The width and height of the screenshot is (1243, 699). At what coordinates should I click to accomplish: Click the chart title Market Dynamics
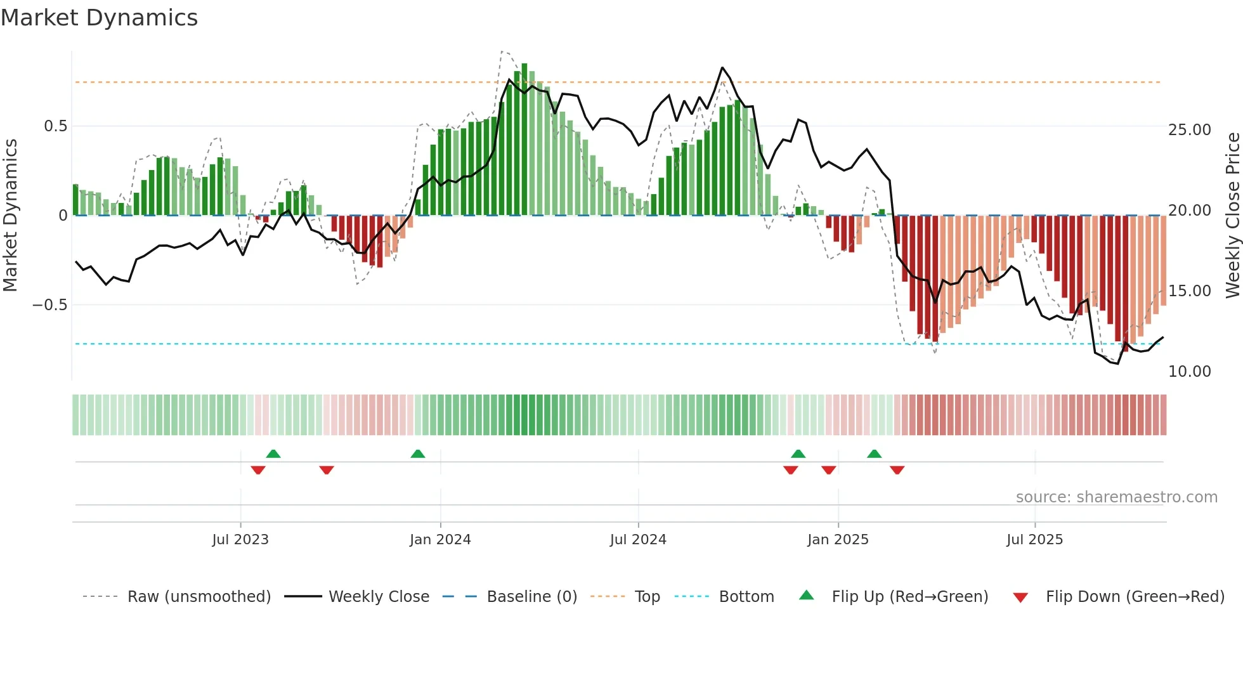point(99,18)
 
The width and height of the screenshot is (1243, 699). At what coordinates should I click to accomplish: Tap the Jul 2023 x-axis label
point(240,540)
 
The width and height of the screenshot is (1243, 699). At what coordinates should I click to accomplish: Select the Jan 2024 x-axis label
point(440,540)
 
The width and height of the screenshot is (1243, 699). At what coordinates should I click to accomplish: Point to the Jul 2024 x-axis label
point(638,540)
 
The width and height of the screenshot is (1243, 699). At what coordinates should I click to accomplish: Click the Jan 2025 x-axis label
point(838,540)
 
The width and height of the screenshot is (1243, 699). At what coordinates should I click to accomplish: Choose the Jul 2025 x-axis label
point(1034,540)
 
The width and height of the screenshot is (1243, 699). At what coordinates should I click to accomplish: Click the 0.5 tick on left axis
point(55,126)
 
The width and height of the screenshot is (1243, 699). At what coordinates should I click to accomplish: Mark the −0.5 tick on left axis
point(50,305)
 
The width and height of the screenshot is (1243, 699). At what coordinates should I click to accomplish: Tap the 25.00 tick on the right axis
point(1190,130)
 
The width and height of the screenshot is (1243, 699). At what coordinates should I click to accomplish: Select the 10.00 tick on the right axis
point(1190,372)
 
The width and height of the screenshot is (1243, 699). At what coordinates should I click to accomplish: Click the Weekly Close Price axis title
point(1232,216)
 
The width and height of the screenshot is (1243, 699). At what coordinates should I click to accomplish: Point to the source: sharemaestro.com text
point(1116,497)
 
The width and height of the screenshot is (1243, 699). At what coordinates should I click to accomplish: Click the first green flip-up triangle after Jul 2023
point(273,454)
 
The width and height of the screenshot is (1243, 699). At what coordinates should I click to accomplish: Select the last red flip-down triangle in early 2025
point(897,470)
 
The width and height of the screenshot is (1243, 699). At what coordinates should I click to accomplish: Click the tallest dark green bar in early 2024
point(524,140)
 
